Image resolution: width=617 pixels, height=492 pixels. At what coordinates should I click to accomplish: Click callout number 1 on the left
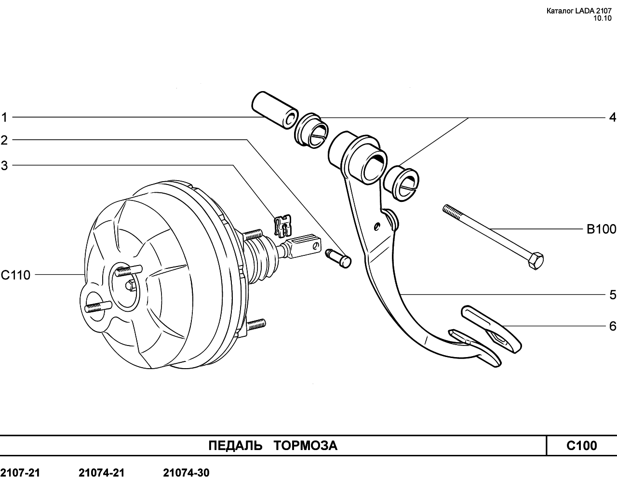click(4, 117)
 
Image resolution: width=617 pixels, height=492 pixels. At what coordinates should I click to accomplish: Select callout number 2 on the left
click(4, 140)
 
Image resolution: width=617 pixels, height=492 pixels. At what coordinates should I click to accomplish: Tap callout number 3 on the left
click(4, 166)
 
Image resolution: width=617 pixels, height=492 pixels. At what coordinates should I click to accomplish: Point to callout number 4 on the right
click(612, 117)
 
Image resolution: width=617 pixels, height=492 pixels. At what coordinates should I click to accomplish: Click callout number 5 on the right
click(612, 294)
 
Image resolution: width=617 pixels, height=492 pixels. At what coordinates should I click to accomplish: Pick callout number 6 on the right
click(612, 326)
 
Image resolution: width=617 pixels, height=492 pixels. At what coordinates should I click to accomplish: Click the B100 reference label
click(601, 229)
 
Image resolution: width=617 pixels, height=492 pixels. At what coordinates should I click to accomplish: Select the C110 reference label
click(15, 275)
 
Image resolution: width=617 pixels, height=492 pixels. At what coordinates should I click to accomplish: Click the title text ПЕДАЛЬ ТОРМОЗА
click(273, 446)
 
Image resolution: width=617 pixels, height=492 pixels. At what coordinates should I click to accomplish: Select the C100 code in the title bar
click(581, 446)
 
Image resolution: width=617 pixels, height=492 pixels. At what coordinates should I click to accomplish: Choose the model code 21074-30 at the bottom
click(186, 473)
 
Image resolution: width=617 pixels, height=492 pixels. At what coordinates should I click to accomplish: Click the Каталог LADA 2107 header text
click(578, 12)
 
